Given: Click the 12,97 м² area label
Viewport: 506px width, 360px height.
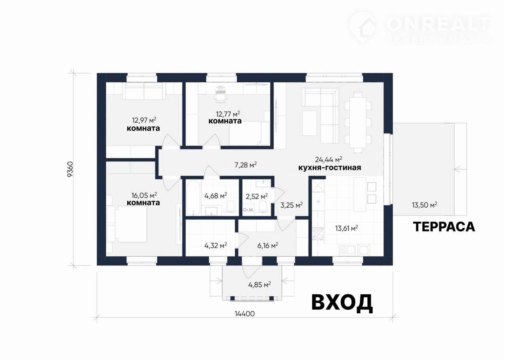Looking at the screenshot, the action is tap(144, 120).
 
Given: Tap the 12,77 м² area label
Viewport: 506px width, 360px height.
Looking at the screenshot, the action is tap(228, 113).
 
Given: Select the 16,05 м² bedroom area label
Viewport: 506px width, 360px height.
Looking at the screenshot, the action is tap(144, 195).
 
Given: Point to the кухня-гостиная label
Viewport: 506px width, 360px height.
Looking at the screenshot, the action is tap(330, 168).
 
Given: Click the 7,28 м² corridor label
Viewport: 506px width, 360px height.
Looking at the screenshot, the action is tap(245, 165).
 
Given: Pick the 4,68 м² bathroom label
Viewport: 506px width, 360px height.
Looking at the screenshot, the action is tap(215, 195).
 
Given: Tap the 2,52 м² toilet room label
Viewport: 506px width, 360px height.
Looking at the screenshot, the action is tap(257, 196).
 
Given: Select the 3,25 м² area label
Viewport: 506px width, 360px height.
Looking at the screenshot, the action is tap(292, 205).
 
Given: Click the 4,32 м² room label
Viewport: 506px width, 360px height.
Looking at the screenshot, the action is tap(215, 245).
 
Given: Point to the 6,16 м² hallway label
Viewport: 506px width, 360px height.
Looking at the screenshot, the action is tap(268, 245).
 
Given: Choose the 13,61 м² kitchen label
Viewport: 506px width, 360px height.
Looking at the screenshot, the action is tap(347, 228).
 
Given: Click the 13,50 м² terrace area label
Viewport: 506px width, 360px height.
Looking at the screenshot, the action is tap(425, 205).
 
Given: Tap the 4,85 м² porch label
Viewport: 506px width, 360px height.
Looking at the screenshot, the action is tap(260, 284).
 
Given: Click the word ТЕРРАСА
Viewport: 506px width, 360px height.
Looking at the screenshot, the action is tap(444, 227).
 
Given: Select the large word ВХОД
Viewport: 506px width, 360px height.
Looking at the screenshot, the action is tap(342, 303).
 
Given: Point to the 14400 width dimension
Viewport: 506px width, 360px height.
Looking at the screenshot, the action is tap(245, 314).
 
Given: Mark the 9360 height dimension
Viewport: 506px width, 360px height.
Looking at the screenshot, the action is tap(70, 169).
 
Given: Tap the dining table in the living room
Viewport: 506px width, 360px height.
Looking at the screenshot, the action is tap(358, 122).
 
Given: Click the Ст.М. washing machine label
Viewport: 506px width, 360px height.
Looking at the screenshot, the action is tap(248, 210).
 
